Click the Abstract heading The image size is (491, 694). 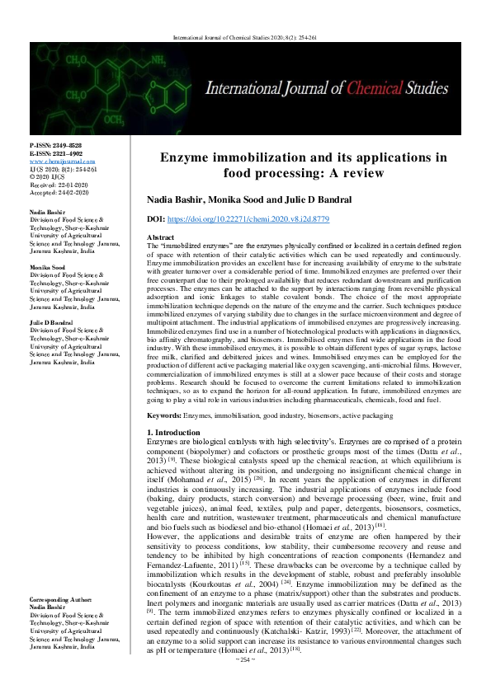tap(161, 237)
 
